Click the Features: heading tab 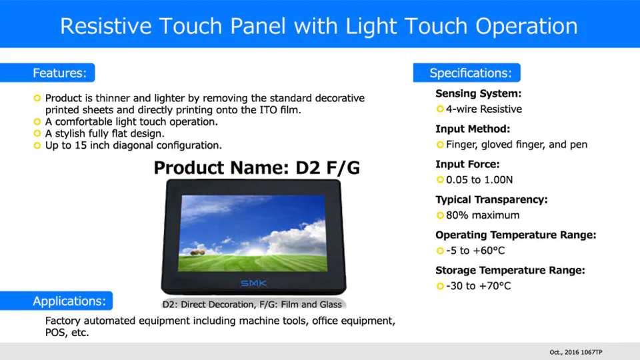coord(47,73)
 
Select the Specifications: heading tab coord(467,73)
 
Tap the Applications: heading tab coord(56,301)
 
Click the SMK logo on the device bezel coord(253,283)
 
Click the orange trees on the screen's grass coord(197,253)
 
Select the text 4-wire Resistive coord(484,109)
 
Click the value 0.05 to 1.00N coord(479,179)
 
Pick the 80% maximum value coord(483,215)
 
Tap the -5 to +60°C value coord(475,250)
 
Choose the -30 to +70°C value coord(478,286)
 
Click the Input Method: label coord(473,129)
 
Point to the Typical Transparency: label coord(491,199)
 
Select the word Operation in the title coord(527,26)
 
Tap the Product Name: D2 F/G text coord(257,168)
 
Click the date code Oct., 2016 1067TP coord(576,352)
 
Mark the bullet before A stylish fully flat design coord(37,133)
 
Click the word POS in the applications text coord(55,333)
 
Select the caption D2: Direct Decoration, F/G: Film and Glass coord(252,305)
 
